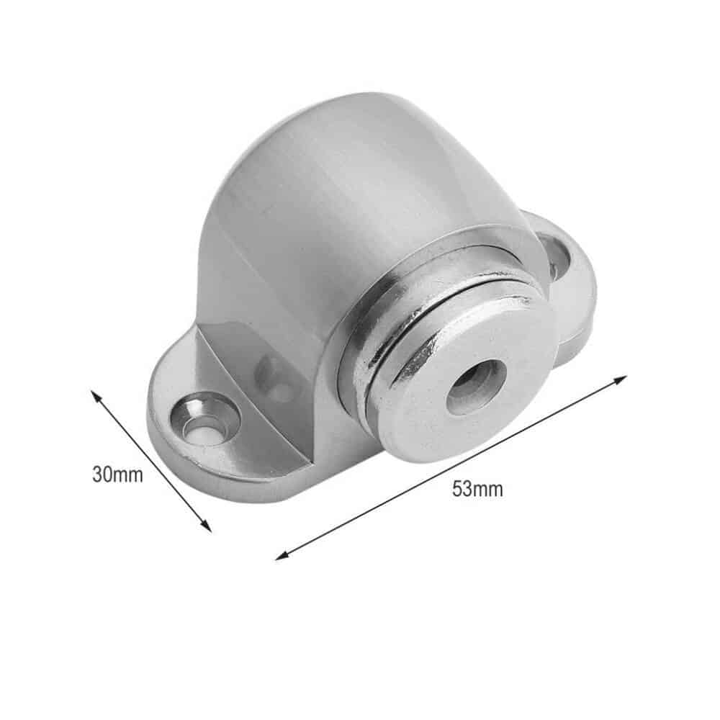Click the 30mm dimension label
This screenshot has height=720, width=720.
tap(117, 474)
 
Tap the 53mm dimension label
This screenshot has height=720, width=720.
tap(477, 489)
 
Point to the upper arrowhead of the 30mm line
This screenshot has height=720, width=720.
tap(94, 394)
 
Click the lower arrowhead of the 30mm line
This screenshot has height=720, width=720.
tap(208, 528)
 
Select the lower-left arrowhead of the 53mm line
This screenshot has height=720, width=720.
tap(281, 557)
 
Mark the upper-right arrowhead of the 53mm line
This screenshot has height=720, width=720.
tap(623, 377)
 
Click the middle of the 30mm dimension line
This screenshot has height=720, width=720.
tap(151, 461)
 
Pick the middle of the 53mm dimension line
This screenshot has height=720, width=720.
tap(451, 467)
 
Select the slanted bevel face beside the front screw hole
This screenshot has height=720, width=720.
tap(238, 382)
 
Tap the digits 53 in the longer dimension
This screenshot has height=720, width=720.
tap(463, 489)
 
